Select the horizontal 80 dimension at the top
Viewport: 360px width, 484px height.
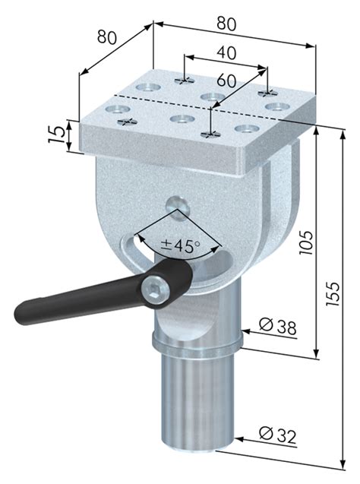[x=226, y=24]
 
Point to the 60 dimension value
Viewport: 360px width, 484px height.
[x=226, y=80]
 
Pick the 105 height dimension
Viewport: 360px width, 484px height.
[x=305, y=242]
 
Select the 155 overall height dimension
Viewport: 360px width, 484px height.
[x=334, y=292]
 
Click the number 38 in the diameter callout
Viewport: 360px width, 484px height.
[x=286, y=327]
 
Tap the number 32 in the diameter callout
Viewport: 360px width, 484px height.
[x=286, y=435]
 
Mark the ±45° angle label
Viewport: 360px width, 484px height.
[x=181, y=245]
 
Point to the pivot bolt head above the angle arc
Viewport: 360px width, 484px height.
[x=175, y=203]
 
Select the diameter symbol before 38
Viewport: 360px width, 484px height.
[x=265, y=327]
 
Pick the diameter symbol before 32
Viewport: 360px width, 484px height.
[x=265, y=435]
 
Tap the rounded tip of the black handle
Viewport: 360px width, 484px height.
[x=21, y=311]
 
